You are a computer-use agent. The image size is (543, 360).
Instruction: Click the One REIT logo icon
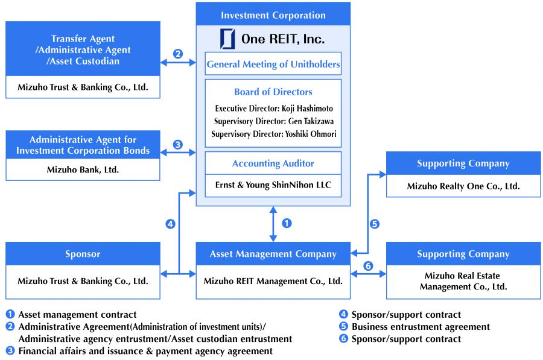(227, 39)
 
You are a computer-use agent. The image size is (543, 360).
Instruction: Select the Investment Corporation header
(273, 15)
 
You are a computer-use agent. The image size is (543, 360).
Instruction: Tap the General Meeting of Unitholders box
(273, 64)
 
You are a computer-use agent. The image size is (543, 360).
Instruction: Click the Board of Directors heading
(273, 92)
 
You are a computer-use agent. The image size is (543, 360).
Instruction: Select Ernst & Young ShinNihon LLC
(273, 185)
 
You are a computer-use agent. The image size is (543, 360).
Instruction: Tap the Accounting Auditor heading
(273, 163)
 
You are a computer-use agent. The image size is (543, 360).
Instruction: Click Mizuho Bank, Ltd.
(83, 170)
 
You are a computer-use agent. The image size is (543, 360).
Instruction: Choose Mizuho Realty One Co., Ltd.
(463, 186)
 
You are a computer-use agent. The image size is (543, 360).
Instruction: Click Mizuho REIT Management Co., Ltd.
(273, 281)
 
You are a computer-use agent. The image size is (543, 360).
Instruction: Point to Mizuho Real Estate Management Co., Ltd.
(463, 282)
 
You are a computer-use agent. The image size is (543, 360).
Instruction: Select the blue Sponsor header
(83, 254)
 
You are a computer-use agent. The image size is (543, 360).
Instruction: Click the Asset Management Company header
(273, 254)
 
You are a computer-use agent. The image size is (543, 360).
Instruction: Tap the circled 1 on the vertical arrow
(287, 223)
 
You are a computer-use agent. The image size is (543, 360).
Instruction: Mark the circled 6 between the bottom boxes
(368, 266)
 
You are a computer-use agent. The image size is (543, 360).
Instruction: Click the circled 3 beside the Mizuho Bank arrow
(177, 145)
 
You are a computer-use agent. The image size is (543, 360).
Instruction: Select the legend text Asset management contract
(77, 314)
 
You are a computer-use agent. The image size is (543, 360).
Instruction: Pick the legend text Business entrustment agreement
(421, 327)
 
